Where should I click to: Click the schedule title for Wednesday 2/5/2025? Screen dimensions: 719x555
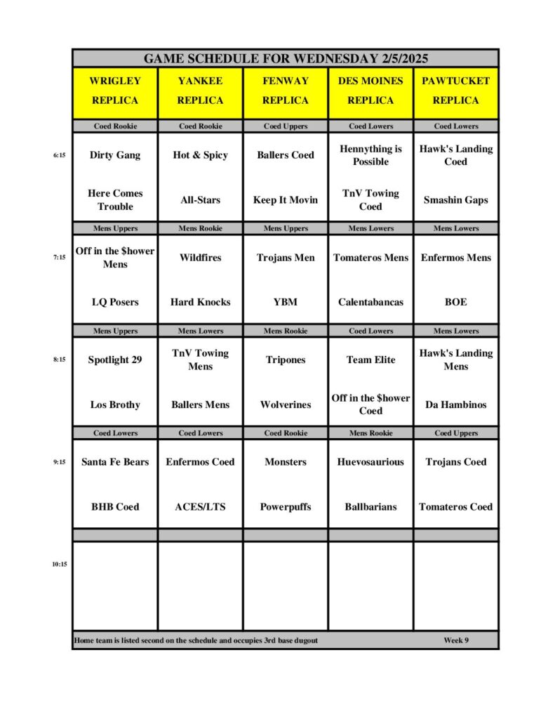(x=286, y=58)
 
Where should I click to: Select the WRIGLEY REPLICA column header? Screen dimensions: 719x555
(x=115, y=91)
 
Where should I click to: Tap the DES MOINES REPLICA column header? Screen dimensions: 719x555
(x=370, y=91)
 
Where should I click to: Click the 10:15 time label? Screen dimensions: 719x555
(x=59, y=564)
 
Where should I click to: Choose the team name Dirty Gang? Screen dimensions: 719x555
(x=115, y=155)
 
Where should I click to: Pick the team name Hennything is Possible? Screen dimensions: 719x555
(x=370, y=155)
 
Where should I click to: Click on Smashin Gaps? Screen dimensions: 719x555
(x=456, y=200)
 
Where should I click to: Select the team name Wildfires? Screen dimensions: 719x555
(x=200, y=258)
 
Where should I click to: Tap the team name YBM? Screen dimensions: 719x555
(x=286, y=302)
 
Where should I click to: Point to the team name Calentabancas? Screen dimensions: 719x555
(x=370, y=302)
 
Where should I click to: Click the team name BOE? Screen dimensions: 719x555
(x=456, y=302)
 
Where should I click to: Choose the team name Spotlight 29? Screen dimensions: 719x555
(x=115, y=359)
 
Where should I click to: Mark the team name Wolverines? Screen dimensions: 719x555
(x=286, y=404)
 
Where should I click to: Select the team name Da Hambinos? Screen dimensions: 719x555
(x=456, y=404)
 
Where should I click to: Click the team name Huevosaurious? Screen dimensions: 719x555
(x=370, y=462)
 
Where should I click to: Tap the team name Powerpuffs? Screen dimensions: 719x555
(x=286, y=506)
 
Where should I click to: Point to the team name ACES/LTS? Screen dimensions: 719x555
(x=200, y=506)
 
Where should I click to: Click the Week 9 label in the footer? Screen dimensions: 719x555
(x=456, y=640)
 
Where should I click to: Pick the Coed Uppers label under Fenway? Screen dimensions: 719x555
(x=286, y=126)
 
